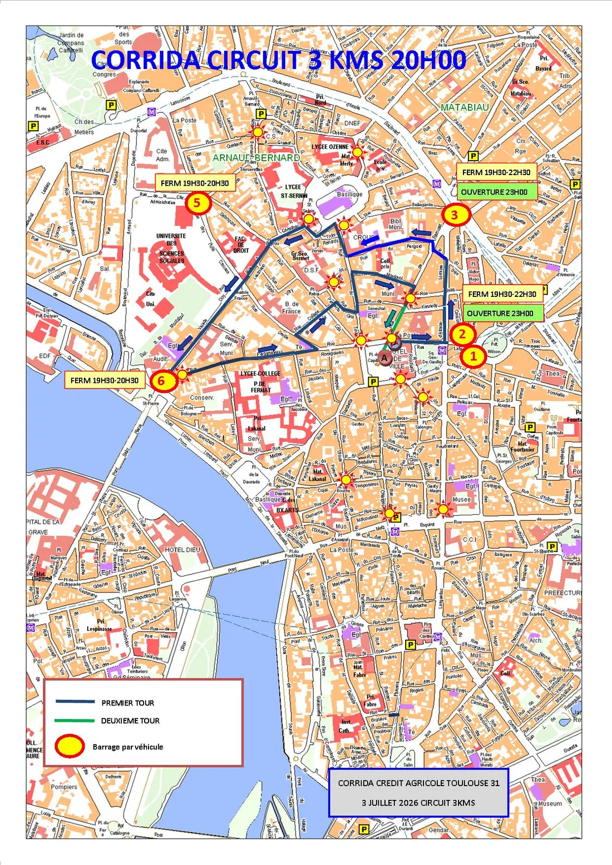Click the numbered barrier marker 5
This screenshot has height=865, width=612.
197,203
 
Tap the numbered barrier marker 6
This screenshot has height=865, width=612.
161,381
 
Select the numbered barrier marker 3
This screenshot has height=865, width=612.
455,215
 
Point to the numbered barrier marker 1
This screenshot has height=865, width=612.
473,355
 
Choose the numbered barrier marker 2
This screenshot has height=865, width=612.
462,334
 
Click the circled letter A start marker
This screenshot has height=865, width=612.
384,358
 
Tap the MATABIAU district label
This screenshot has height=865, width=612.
465,107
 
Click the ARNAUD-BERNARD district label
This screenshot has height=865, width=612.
256,158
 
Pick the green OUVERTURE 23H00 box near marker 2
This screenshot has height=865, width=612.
500,314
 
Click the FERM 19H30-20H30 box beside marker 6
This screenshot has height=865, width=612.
105,381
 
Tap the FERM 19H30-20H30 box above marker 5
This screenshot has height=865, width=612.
195,183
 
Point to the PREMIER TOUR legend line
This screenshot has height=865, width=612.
75,702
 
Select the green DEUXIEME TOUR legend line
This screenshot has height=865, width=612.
75,720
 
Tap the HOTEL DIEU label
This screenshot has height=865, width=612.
182,550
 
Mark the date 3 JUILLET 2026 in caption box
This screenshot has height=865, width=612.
392,803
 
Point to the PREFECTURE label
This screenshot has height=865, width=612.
562,593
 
